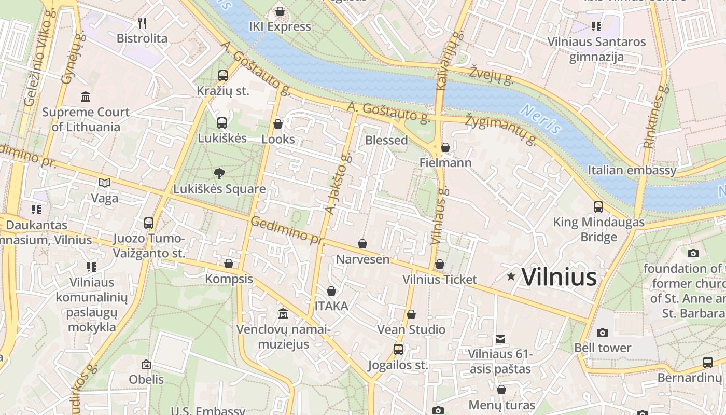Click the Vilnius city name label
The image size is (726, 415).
(x=559, y=277)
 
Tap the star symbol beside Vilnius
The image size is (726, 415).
(x=511, y=276)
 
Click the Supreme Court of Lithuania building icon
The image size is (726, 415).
(x=86, y=96)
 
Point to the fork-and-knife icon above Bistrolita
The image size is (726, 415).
(x=142, y=23)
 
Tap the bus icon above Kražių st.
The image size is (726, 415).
(x=223, y=76)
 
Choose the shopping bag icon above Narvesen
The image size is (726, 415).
(x=362, y=243)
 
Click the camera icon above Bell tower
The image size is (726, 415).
(x=602, y=332)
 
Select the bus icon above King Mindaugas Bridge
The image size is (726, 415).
(x=598, y=207)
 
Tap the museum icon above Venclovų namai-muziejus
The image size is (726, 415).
(x=283, y=314)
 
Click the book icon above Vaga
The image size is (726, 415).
(x=105, y=183)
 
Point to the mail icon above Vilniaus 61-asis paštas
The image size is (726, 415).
(x=500, y=339)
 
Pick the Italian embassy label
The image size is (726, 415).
(x=632, y=170)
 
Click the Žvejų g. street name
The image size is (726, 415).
(x=492, y=75)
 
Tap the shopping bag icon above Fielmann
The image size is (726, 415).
(x=445, y=148)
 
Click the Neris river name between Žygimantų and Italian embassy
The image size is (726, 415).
(x=541, y=119)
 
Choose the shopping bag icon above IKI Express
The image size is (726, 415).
(x=280, y=11)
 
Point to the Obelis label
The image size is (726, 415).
(x=146, y=379)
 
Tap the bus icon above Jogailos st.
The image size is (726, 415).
(x=398, y=350)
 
